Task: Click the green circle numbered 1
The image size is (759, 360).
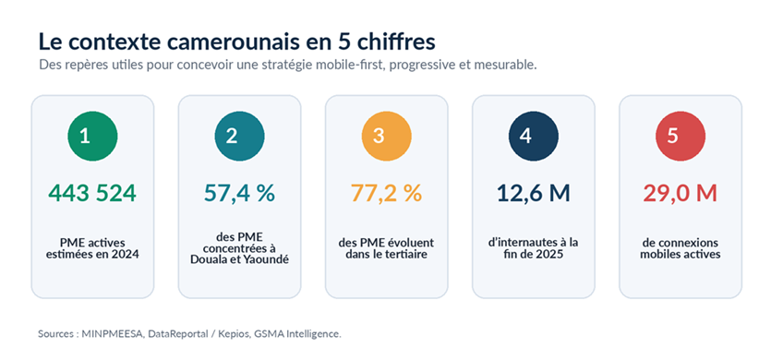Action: [x=92, y=136]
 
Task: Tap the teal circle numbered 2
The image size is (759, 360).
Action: [x=239, y=136]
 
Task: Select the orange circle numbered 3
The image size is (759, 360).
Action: [x=386, y=136]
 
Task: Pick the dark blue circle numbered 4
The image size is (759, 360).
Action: [x=534, y=136]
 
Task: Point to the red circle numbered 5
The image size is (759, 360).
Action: [x=681, y=136]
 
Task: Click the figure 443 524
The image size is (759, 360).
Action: [x=92, y=194]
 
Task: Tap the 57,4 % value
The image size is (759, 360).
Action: [x=239, y=194]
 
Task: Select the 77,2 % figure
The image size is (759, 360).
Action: [x=386, y=194]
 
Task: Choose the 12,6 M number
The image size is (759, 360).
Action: [x=534, y=194]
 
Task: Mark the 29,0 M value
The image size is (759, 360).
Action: [x=681, y=194]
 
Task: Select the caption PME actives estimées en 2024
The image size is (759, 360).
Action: [x=92, y=248]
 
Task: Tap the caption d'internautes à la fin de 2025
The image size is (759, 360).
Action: [x=534, y=248]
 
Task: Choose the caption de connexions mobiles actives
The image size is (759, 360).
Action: [x=681, y=248]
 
